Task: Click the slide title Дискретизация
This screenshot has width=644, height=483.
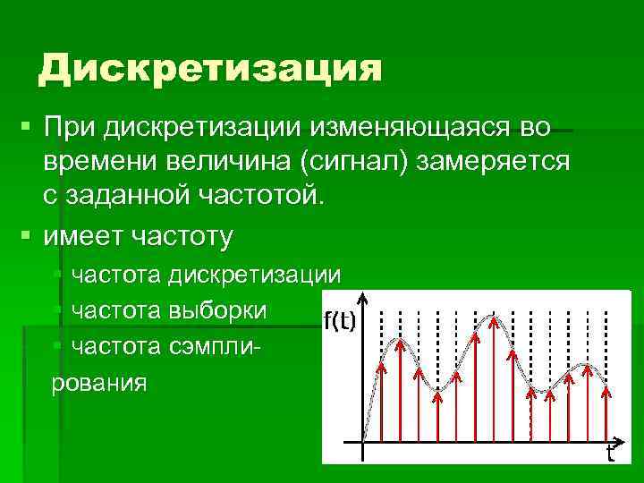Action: (209, 69)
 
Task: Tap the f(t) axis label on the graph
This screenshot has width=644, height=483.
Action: (340, 322)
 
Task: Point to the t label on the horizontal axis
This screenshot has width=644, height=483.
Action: (610, 453)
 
